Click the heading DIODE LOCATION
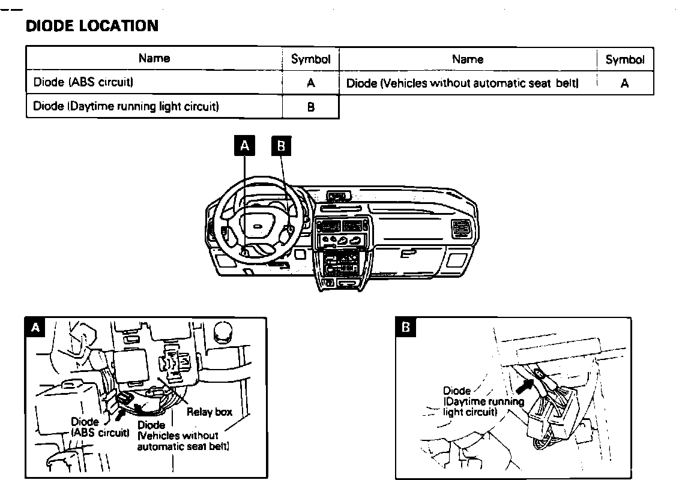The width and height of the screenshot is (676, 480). [x=92, y=26]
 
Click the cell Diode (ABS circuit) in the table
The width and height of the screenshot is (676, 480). [x=83, y=82]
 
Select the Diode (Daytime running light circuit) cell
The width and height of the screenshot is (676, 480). [x=126, y=107]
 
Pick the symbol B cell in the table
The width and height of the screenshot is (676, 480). [x=310, y=107]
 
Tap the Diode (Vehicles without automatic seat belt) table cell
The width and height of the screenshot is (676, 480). [x=462, y=83]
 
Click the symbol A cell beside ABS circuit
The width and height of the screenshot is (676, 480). [x=310, y=83]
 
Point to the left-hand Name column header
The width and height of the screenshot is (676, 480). [x=154, y=58]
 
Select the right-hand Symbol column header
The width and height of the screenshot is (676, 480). [x=624, y=59]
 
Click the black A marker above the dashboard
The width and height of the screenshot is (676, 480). [x=244, y=145]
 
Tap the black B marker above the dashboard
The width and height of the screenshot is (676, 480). [x=281, y=145]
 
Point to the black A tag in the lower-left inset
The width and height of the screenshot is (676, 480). [x=37, y=327]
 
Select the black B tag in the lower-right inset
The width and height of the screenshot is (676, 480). [x=406, y=327]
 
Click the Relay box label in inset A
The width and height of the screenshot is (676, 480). [x=210, y=412]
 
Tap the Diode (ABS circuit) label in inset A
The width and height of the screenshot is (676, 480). [x=100, y=427]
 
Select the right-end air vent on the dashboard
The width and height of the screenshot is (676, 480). [x=462, y=229]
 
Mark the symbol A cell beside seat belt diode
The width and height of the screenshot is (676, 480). [x=624, y=83]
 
